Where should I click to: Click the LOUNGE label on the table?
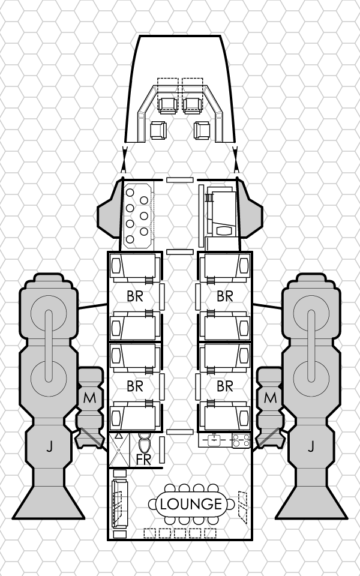[191, 504]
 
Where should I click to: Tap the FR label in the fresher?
[143, 460]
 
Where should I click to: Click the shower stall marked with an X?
[119, 449]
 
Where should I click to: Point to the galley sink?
[214, 440]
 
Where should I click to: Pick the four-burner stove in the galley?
[241, 440]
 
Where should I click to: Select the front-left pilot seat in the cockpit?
[168, 106]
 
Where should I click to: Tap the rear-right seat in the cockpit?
[202, 130]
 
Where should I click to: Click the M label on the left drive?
[89, 397]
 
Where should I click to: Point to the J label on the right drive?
[311, 446]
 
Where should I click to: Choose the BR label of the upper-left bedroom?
[135, 296]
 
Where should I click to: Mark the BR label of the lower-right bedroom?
[225, 386]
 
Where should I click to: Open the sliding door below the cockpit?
[179, 180]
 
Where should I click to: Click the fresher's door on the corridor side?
[161, 449]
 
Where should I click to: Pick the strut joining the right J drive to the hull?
[268, 307]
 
